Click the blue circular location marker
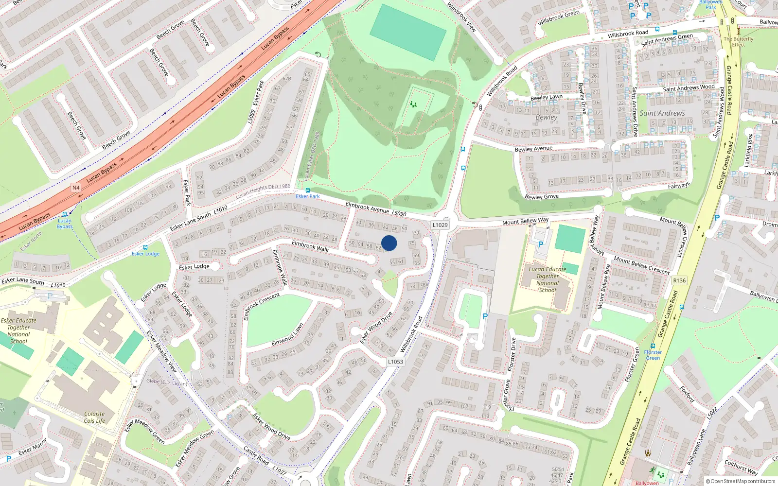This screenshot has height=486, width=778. pos(389,243)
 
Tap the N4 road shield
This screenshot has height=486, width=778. pos(76,188)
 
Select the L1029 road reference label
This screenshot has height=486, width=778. pos(440,225)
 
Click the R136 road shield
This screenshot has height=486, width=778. pos(679,280)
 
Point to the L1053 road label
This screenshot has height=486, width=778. pos(395,362)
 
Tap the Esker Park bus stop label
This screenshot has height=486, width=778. pos(308,196)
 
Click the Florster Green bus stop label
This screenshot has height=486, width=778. pos(653,355)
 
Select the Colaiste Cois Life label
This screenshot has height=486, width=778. pos(94,417)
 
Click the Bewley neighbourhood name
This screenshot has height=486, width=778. pos(547,117)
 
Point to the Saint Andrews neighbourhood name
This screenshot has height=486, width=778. pos(662,113)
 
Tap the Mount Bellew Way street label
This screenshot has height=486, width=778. pos(525,221)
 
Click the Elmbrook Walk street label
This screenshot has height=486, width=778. pos(310,246)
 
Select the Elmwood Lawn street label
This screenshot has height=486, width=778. pos(287,335)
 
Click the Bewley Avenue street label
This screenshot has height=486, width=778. pos(533,149)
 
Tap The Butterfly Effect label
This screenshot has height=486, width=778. pos(738,42)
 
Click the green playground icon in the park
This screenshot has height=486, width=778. pos(413,104)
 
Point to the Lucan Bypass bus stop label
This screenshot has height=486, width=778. pos(65,224)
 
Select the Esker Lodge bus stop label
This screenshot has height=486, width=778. pos(145,254)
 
